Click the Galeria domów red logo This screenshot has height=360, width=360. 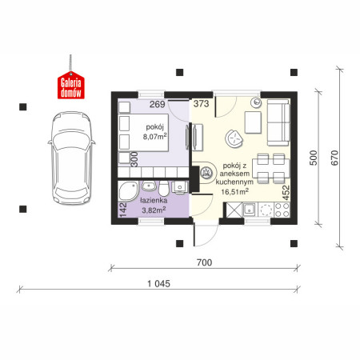click(x=71, y=85)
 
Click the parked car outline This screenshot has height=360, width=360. click(x=71, y=158)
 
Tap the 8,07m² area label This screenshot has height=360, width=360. click(x=155, y=137)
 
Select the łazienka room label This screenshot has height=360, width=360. click(x=154, y=201)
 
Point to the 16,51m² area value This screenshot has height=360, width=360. click(x=235, y=191)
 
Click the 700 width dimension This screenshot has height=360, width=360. click(x=204, y=262)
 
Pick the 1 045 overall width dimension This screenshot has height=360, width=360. click(x=158, y=284)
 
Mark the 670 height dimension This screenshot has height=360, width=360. click(x=334, y=158)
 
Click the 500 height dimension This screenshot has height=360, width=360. click(x=314, y=158)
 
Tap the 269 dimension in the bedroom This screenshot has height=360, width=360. click(x=157, y=104)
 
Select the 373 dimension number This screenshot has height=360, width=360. click(x=201, y=103)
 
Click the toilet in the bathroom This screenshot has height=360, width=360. click(x=163, y=188)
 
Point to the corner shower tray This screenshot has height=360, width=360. click(x=128, y=190)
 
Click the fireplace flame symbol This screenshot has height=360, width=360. click(x=206, y=172)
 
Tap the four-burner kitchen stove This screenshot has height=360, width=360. click(x=282, y=210)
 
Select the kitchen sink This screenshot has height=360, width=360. click(x=250, y=210)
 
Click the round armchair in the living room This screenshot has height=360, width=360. click(x=234, y=138)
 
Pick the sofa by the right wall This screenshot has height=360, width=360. click(x=278, y=123)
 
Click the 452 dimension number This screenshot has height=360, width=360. click(x=286, y=193)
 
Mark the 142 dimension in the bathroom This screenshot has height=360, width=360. click(x=123, y=210)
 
